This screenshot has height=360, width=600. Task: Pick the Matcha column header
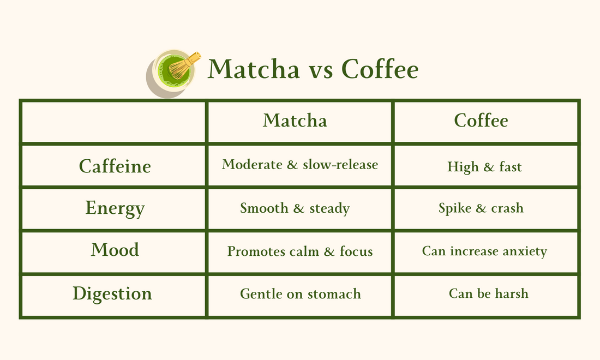[x=295, y=121]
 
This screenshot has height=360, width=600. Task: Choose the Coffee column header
[x=481, y=121]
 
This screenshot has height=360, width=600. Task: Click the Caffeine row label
[x=115, y=165]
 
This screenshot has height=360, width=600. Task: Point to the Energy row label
[x=115, y=208]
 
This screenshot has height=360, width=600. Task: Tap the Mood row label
[x=115, y=250]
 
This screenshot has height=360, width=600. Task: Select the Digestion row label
[x=112, y=293]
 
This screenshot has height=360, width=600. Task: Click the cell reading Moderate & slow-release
[x=299, y=164]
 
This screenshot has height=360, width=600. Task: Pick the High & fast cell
[x=484, y=166]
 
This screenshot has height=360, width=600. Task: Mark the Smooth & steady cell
[x=295, y=208]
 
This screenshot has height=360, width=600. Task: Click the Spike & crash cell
[x=481, y=208]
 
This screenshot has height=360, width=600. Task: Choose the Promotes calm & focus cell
[x=299, y=251]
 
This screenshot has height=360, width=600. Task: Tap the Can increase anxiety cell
[x=484, y=251]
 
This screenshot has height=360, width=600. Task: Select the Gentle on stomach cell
[x=300, y=294]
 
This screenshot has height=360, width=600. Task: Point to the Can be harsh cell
[x=488, y=293]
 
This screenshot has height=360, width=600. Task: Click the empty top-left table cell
[x=113, y=122]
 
